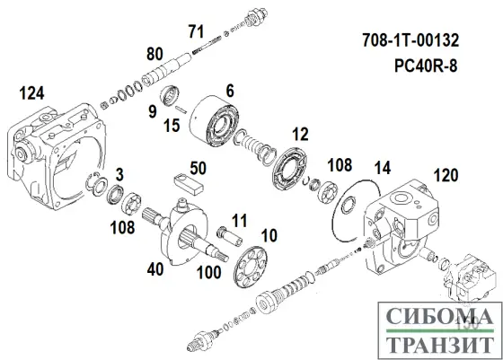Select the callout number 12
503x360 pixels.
[x=300, y=134]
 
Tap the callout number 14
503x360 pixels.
[x=383, y=167]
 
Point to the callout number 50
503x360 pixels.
[x=199, y=166]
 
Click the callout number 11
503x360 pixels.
[x=240, y=219]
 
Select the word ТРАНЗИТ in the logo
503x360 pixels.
[x=437, y=344]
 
